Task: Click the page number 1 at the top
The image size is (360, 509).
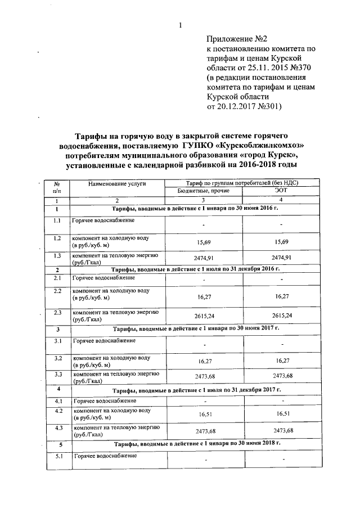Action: tap(181, 24)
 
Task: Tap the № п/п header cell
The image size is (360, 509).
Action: tap(57, 187)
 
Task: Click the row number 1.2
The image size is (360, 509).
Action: tap(57, 238)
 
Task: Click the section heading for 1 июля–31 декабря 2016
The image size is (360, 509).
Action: tap(196, 269)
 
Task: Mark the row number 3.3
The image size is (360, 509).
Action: tap(57, 373)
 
